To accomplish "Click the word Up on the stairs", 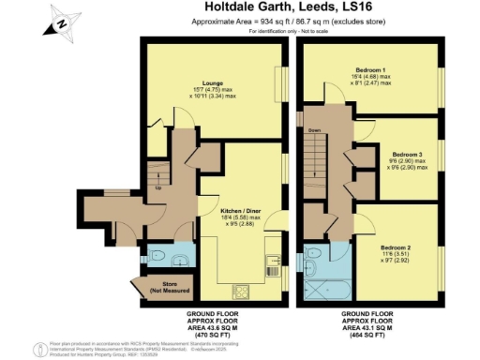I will tap(157, 187).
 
